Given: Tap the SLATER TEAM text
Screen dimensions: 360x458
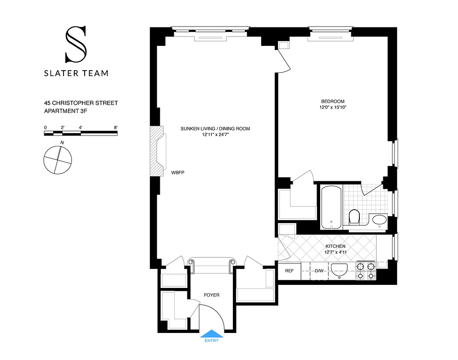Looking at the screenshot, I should tap(76, 73).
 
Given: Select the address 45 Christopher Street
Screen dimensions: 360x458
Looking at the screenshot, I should tap(81, 103).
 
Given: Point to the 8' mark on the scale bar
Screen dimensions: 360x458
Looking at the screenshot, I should tap(116, 128).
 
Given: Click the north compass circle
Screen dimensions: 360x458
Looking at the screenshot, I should tap(58, 160).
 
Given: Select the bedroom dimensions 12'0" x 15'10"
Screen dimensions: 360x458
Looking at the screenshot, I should tap(333, 108).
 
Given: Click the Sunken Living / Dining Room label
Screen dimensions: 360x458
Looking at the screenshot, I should tap(215, 129).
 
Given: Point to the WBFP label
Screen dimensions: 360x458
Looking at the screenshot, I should tap(178, 172).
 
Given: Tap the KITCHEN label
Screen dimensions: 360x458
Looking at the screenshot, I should tap(336, 246).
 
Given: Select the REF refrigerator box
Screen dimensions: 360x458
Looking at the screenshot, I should tap(289, 271).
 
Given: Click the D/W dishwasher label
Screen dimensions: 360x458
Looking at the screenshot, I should tap(319, 271).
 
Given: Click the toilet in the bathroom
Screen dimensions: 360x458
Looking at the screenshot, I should tap(354, 217).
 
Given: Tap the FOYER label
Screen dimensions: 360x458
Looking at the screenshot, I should tap(212, 295).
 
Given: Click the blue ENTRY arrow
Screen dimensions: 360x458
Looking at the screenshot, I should tap(212, 333).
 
